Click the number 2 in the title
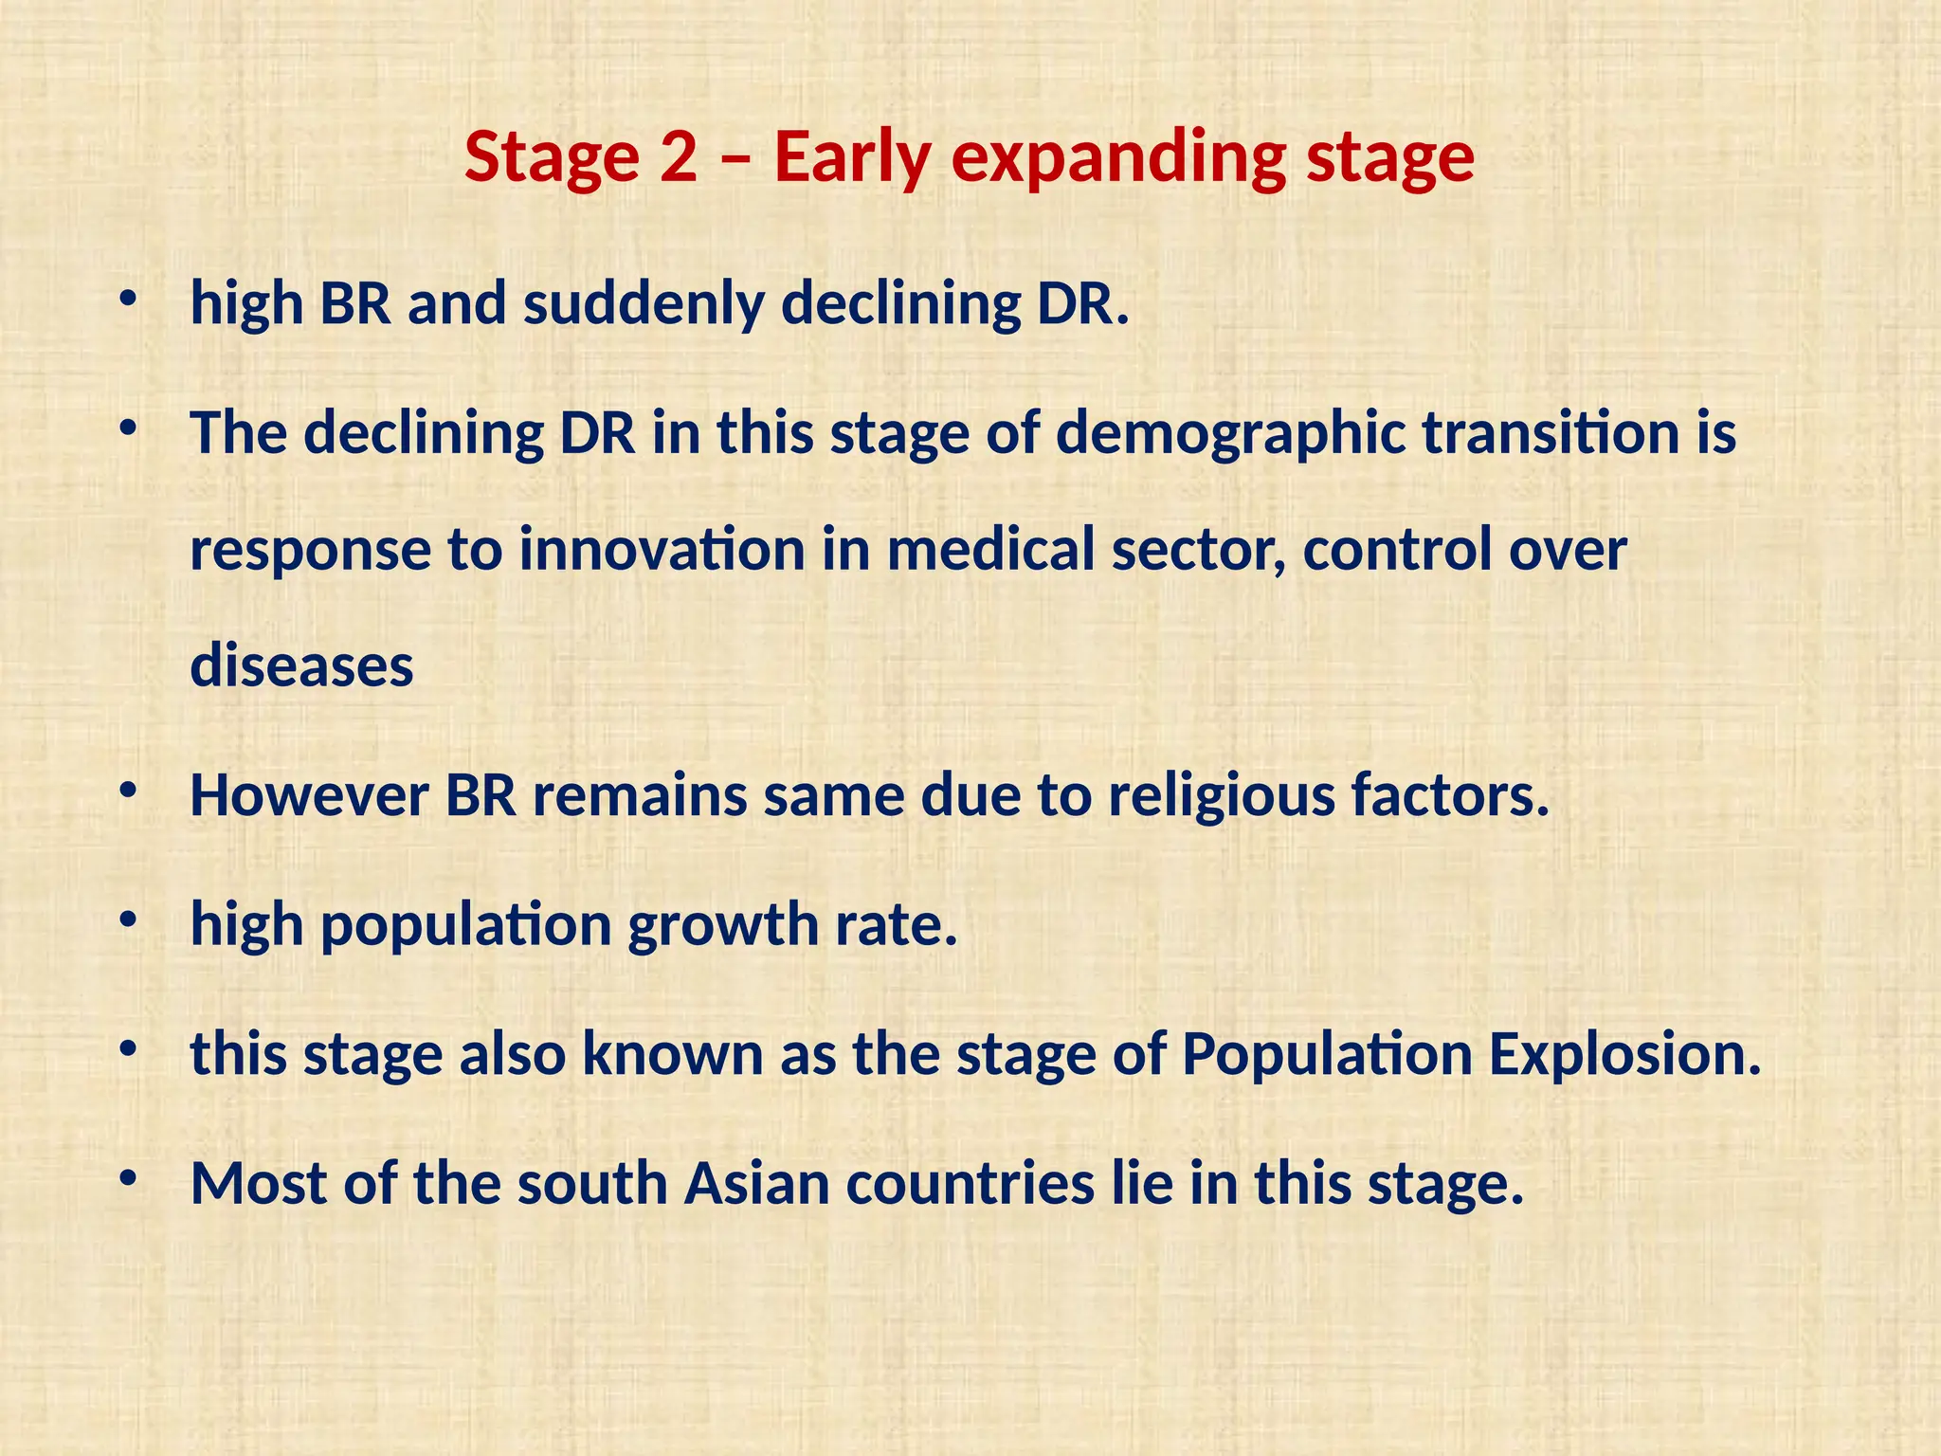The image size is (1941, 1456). click(x=679, y=157)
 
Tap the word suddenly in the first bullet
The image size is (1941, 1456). click(x=644, y=304)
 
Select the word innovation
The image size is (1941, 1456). click(x=662, y=550)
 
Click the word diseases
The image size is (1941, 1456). click(x=301, y=665)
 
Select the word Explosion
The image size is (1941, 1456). click(x=1624, y=1054)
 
